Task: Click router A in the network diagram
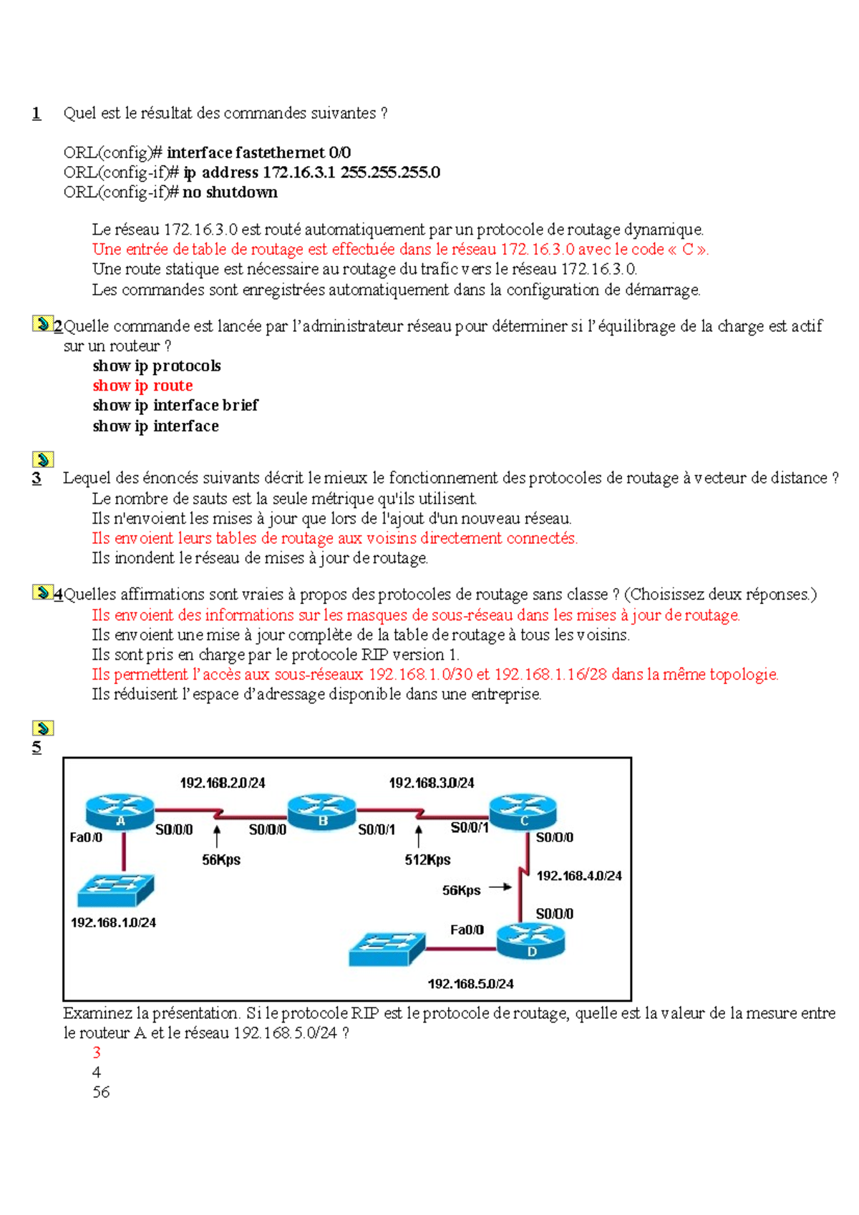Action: [120, 811]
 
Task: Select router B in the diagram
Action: [321, 811]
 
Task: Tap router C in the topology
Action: [523, 811]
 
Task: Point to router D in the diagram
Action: [531, 941]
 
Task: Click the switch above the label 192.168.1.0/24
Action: [115, 890]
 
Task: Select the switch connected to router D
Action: [387, 949]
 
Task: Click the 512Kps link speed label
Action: [427, 859]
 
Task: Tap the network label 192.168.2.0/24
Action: [222, 783]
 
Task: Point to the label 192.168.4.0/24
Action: [579, 876]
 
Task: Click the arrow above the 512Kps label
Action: [419, 836]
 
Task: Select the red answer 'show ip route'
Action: [142, 386]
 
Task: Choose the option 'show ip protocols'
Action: [156, 366]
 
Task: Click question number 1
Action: [37, 113]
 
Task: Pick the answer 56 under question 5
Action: [101, 1092]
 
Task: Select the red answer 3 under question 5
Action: [97, 1053]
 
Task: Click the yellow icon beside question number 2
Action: [42, 323]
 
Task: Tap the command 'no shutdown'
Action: [230, 192]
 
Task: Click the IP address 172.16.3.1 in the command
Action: [299, 172]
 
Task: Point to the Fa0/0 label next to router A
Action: [85, 837]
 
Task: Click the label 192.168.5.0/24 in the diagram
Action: [470, 984]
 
